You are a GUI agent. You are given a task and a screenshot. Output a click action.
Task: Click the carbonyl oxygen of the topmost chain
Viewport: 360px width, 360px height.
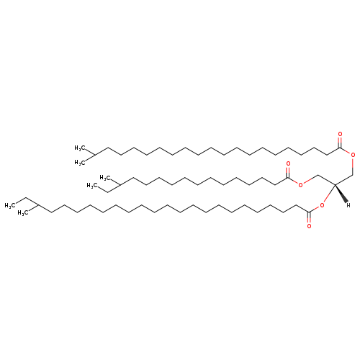(340, 134)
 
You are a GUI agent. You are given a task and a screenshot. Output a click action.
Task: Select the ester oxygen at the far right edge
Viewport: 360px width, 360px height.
(353, 155)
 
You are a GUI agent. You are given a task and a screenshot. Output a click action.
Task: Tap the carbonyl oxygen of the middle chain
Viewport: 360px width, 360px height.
(288, 164)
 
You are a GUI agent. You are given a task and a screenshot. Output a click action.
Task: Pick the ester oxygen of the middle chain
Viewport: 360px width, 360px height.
(300, 185)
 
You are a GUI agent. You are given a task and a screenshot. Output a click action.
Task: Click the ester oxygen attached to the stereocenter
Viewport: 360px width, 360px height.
(322, 205)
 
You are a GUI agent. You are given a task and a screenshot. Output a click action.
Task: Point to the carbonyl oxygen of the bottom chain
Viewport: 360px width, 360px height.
(309, 226)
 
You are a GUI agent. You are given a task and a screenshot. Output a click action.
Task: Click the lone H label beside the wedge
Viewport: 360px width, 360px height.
(348, 205)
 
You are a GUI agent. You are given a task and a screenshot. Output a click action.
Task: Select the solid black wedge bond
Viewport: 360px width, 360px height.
(341, 194)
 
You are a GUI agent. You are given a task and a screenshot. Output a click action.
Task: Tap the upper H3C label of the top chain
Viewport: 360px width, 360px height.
(80, 148)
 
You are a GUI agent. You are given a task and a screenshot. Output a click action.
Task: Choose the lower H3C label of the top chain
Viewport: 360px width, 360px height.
(80, 163)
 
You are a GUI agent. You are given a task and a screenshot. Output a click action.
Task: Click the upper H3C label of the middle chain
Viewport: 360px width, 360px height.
(105, 178)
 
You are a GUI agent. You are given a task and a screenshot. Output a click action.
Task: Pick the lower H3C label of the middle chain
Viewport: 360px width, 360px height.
(92, 185)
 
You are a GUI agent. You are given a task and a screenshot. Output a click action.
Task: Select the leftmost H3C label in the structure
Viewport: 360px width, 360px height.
(10, 205)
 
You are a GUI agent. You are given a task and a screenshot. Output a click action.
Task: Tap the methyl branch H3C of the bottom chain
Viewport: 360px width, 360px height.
(23, 213)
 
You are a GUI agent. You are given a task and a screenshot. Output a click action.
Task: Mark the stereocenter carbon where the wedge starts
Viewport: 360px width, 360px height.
(335, 184)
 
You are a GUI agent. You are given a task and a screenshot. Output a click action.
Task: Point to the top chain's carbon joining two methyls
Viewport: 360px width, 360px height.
(95, 155)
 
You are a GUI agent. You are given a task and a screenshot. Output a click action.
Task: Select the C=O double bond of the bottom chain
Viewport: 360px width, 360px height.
(309, 217)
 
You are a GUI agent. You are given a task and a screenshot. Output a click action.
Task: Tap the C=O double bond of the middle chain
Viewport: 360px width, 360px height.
(288, 172)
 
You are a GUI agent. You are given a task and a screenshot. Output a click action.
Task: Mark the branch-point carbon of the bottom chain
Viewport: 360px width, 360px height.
(38, 205)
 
